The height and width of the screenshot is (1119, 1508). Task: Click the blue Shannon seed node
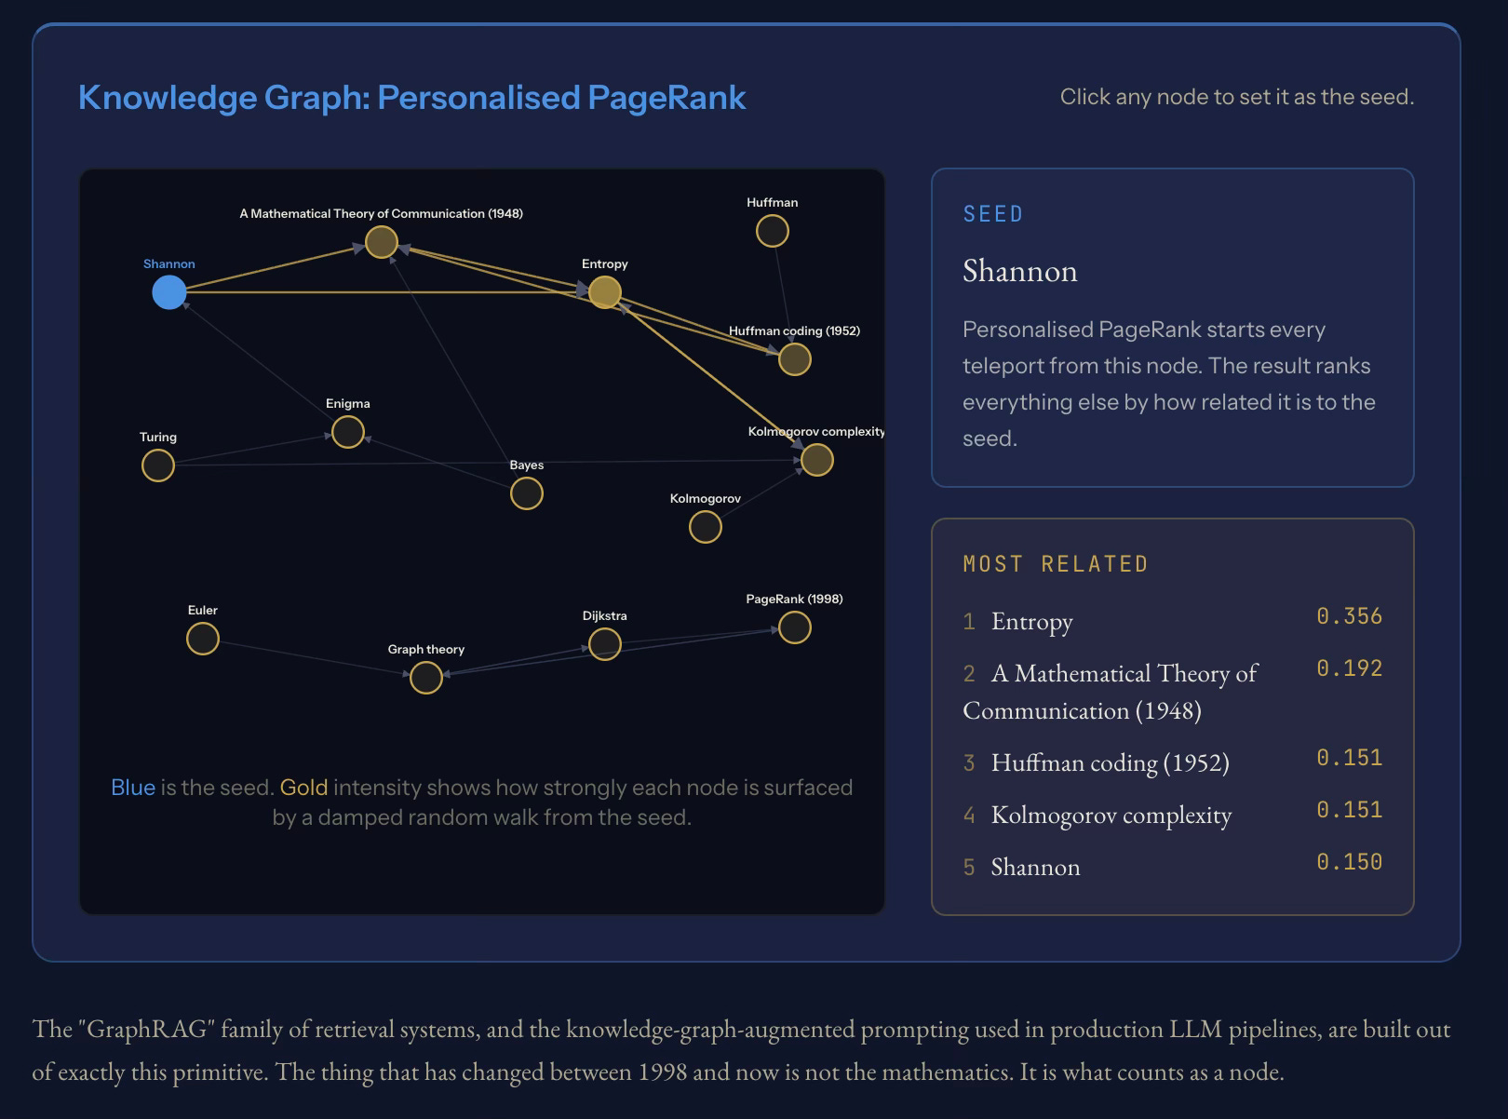[x=169, y=292]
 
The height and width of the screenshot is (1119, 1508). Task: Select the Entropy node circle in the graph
[x=605, y=292]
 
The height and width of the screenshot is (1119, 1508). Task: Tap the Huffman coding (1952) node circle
[x=794, y=359]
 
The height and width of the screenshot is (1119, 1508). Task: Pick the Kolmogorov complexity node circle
[x=816, y=460]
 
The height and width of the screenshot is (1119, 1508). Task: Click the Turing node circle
[x=158, y=465]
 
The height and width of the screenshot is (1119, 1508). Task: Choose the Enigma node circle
[x=348, y=432]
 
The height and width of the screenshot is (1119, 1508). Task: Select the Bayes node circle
[x=527, y=493]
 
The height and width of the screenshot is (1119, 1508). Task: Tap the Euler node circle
[x=203, y=639]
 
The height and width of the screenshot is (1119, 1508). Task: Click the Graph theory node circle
[x=426, y=678]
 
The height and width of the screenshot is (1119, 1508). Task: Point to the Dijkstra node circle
[x=605, y=644]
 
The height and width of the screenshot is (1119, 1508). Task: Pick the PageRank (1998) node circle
[x=794, y=627]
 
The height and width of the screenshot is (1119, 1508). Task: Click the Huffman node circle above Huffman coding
[x=773, y=231]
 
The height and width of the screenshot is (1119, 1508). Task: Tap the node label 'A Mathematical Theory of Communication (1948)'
[x=381, y=214]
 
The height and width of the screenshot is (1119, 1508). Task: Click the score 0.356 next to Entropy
[x=1349, y=616]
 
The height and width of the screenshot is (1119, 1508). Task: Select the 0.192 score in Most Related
[x=1349, y=668]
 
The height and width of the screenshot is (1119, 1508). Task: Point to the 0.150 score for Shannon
[x=1349, y=862]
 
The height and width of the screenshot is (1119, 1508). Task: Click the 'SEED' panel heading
[x=993, y=214]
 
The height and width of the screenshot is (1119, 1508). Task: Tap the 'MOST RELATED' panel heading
[x=1056, y=564]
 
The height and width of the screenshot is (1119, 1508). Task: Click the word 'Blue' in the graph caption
[x=133, y=788]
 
